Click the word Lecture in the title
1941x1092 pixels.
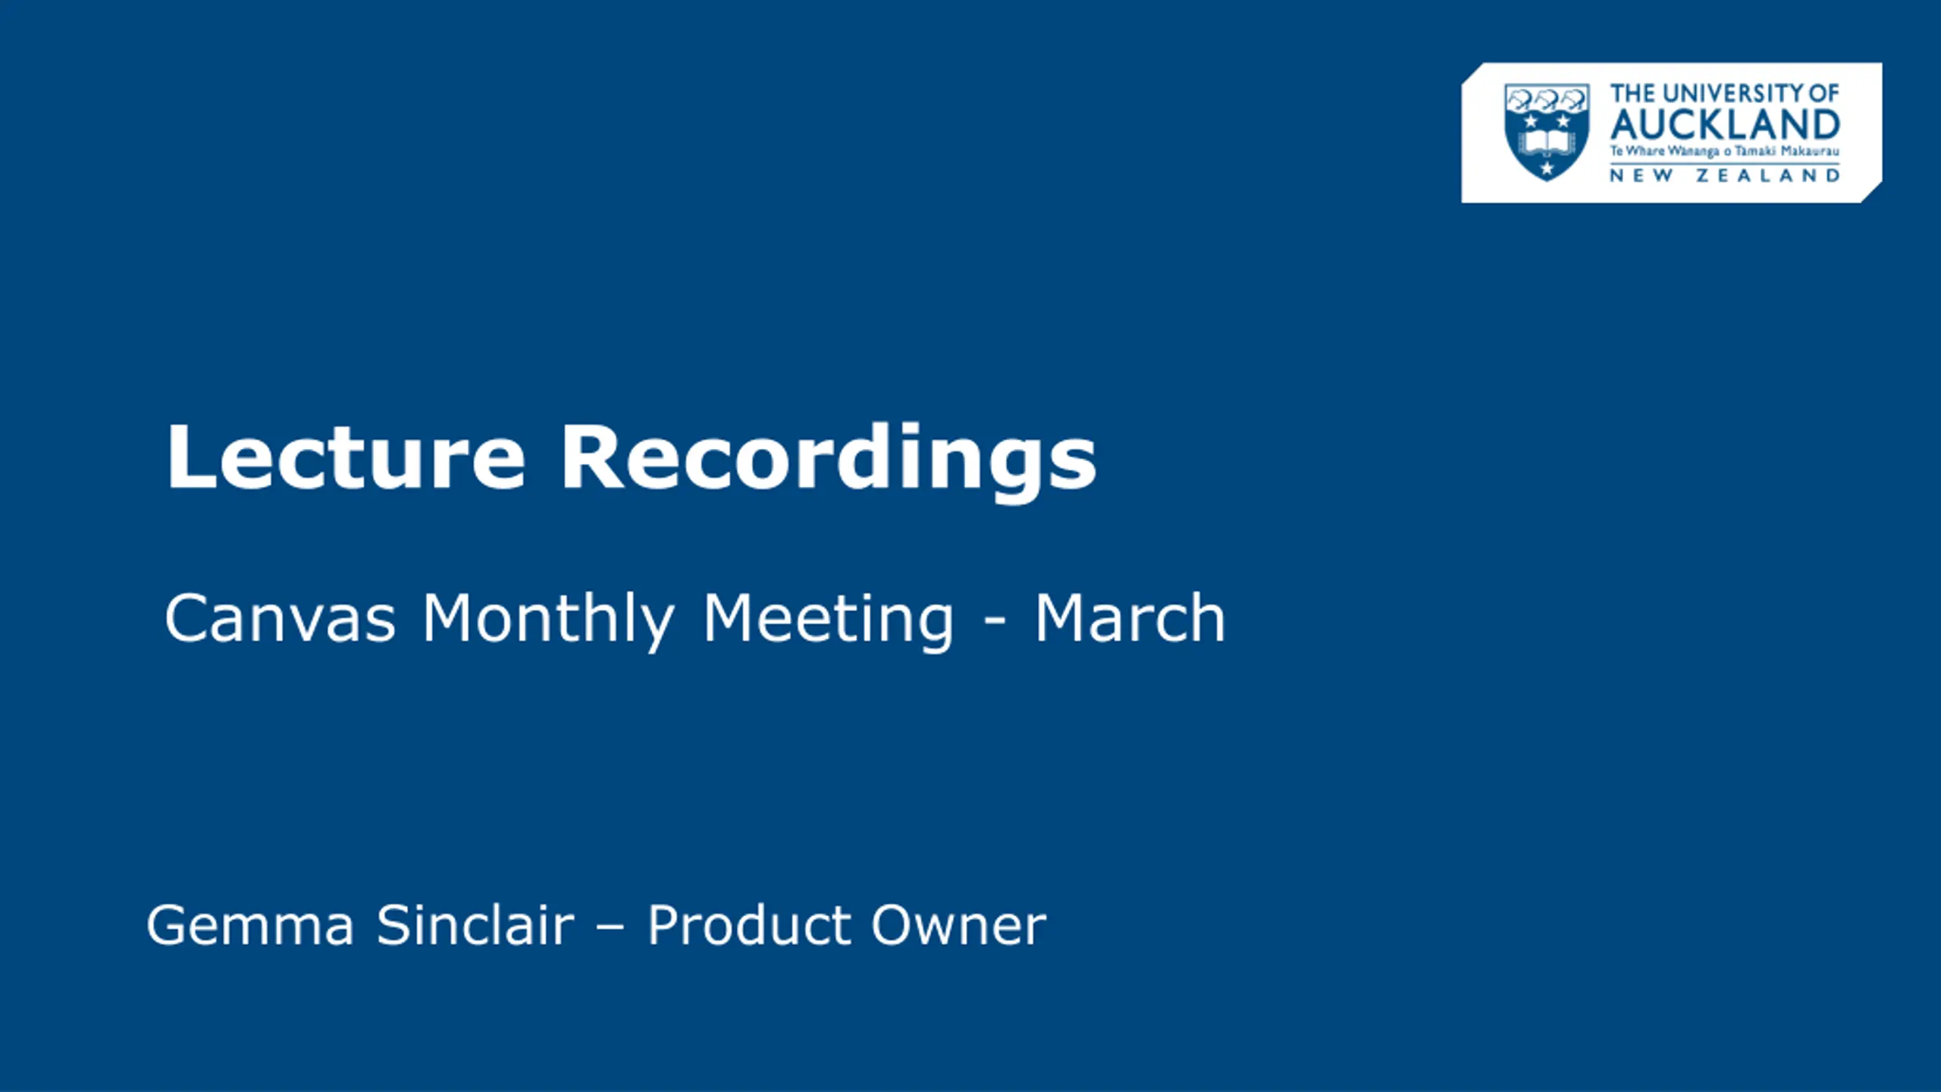[346, 457]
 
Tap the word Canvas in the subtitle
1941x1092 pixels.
[280, 619]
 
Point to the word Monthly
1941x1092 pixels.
[548, 621]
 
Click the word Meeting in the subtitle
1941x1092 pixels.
[828, 621]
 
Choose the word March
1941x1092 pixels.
[1130, 618]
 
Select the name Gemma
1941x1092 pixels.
[250, 925]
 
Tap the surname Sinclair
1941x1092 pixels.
[475, 924]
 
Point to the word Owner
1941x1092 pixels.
[958, 925]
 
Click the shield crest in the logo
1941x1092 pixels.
[1547, 132]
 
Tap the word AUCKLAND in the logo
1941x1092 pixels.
[1725, 124]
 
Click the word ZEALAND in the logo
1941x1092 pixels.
[1768, 176]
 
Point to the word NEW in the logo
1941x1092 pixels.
[1638, 176]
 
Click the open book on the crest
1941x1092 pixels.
[1547, 141]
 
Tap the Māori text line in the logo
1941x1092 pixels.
[1725, 152]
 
